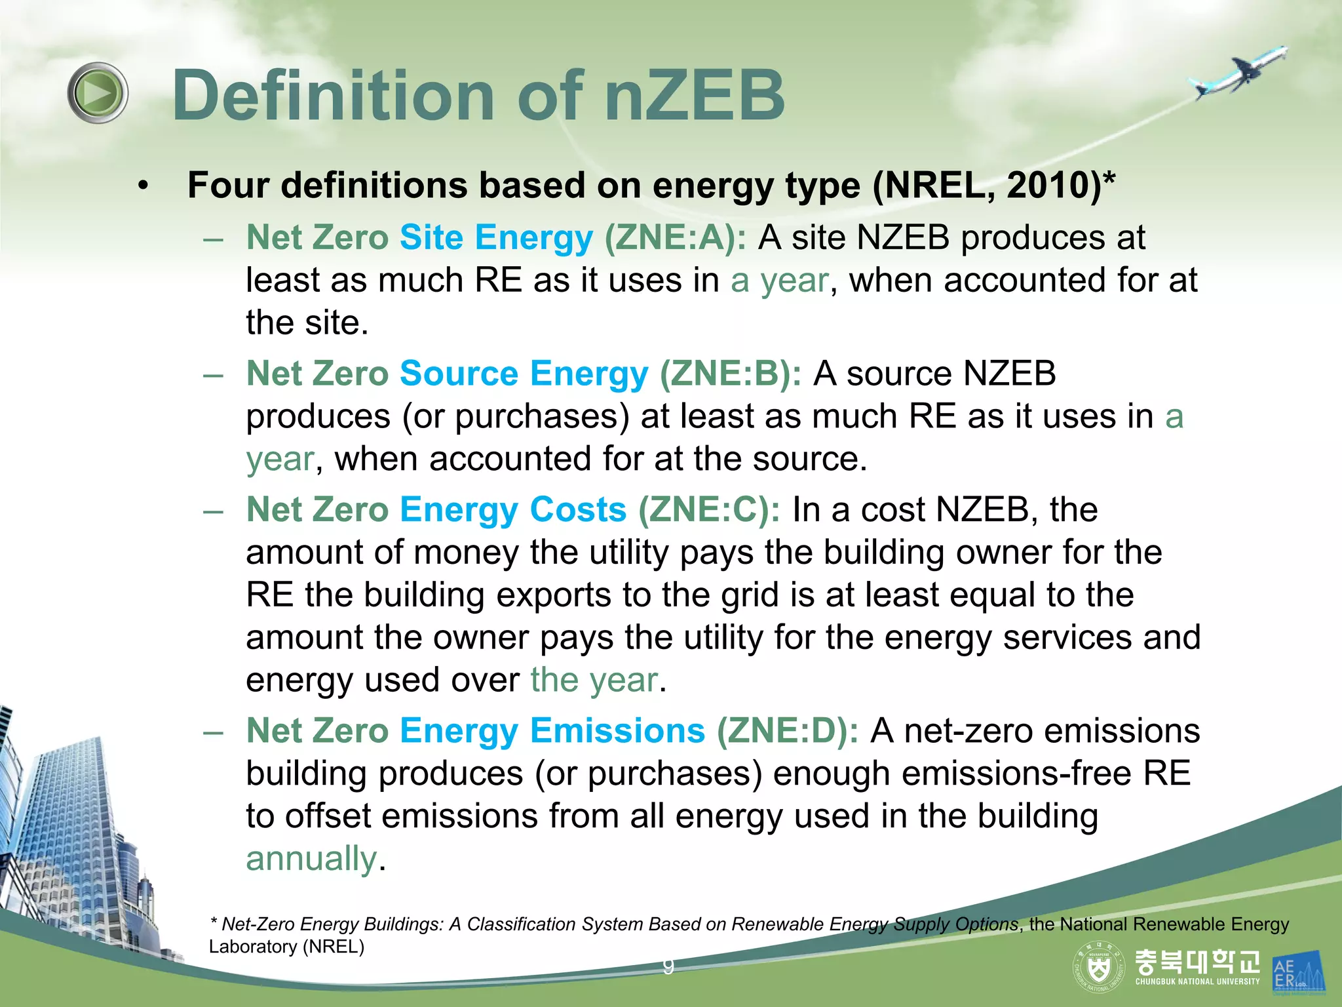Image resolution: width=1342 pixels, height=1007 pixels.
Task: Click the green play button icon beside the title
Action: coord(98,92)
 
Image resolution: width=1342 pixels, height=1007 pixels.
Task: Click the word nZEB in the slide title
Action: coord(695,96)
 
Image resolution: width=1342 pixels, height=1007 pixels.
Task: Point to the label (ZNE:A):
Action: coord(675,237)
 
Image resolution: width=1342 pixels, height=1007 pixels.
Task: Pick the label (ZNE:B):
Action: coord(730,374)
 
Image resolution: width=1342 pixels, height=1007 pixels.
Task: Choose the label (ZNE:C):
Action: coord(709,509)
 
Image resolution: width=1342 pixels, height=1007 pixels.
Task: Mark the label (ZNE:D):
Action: coord(787,730)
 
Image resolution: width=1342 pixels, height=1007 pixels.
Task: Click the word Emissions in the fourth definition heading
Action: coord(617,730)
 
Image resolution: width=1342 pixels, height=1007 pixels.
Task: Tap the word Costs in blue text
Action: coord(578,509)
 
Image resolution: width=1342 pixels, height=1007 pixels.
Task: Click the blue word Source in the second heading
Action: coord(459,374)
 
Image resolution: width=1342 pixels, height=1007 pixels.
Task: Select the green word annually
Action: coord(311,858)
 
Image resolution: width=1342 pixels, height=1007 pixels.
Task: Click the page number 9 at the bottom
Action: coord(668,966)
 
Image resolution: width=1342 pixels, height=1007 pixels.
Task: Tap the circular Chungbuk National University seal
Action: coord(1098,967)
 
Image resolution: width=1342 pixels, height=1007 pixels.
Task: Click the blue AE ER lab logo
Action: coord(1297,972)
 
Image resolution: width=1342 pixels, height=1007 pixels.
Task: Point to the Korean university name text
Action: coord(1197,962)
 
